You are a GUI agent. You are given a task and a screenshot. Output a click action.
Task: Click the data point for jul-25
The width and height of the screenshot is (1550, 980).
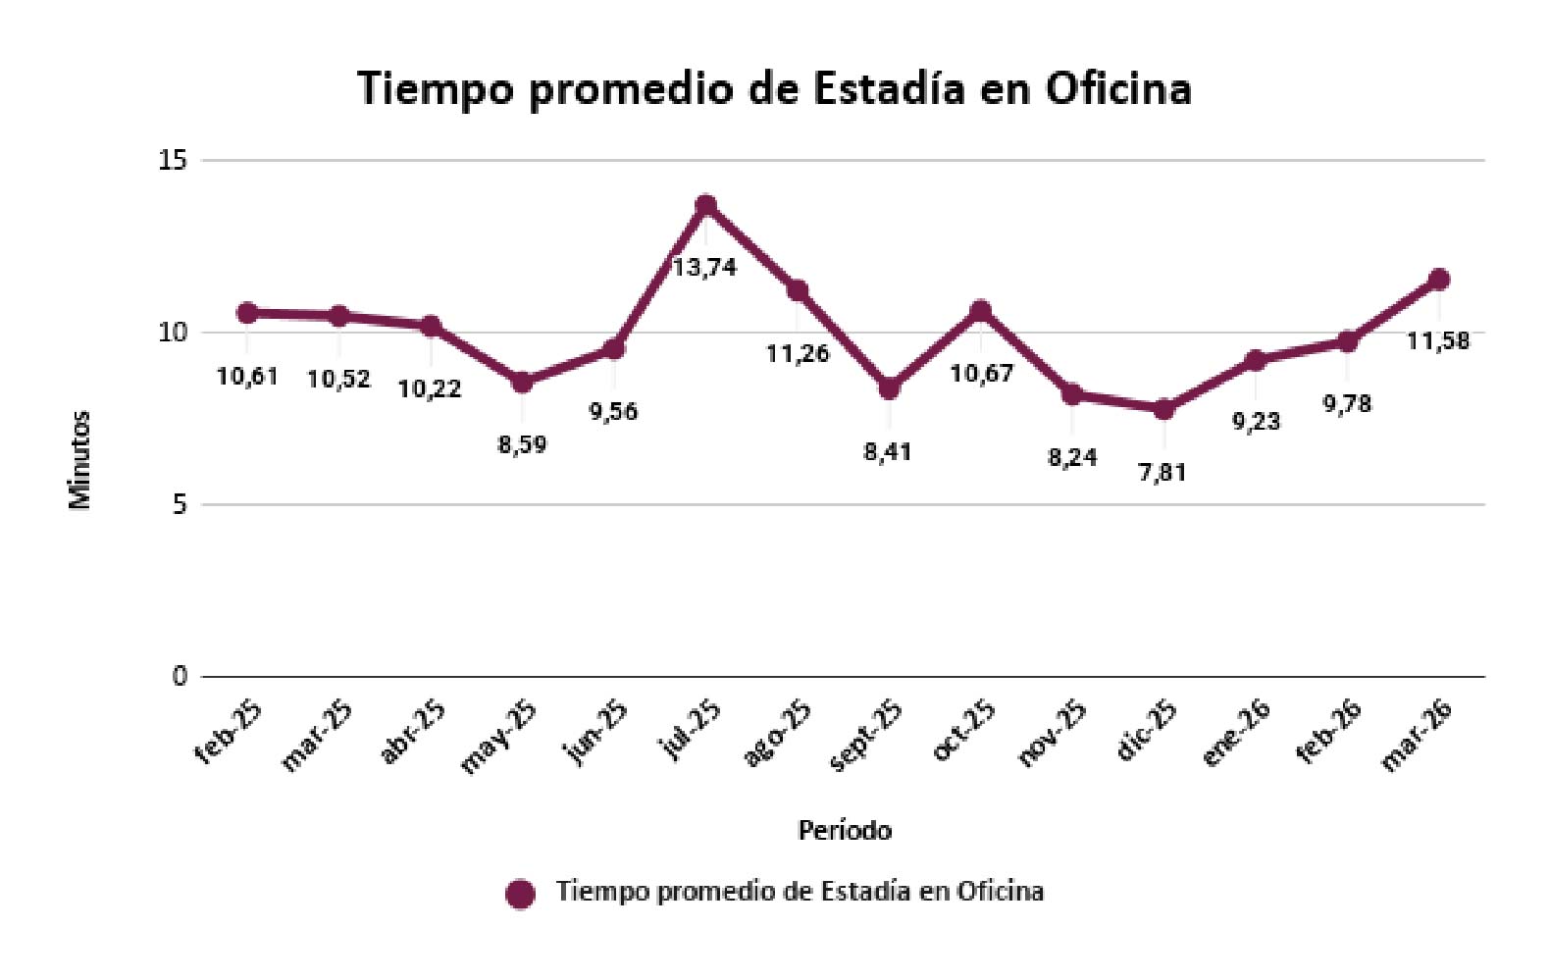[705, 205]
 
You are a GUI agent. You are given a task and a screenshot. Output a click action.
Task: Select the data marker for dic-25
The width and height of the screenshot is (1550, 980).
[1163, 409]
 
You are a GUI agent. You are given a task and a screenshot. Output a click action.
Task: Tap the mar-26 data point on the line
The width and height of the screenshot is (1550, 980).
[1439, 279]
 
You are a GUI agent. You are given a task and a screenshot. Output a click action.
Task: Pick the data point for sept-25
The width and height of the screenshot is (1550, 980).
[889, 388]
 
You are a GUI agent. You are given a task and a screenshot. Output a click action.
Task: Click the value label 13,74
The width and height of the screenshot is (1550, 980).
[705, 267]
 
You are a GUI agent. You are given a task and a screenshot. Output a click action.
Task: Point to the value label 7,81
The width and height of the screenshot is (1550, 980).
[1162, 473]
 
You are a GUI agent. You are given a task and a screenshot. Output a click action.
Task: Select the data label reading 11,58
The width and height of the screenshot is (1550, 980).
[1438, 340]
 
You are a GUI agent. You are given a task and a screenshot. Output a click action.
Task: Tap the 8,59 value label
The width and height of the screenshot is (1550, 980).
[523, 443]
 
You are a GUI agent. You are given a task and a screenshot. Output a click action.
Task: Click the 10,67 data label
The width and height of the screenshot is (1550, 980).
[981, 374]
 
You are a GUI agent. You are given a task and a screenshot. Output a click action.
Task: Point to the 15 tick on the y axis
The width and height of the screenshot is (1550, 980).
[174, 161]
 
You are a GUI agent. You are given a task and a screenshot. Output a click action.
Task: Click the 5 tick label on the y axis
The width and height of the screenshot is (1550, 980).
[180, 504]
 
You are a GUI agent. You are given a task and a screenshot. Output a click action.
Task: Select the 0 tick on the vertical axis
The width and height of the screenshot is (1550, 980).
[180, 676]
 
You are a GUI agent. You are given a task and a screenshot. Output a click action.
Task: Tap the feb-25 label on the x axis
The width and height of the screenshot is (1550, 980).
[229, 732]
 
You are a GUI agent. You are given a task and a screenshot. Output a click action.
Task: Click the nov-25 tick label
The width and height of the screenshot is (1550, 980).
[1052, 734]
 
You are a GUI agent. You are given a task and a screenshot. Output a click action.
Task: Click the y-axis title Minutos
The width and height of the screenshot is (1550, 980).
[80, 459]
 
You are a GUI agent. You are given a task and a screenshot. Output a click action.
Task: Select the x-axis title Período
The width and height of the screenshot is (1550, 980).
[845, 830]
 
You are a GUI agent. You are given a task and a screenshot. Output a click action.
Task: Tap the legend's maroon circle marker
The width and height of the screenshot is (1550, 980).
[520, 895]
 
